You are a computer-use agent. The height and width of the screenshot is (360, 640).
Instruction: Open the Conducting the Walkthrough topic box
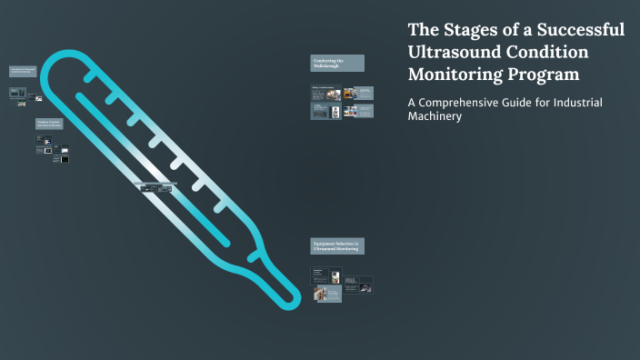point(337,63)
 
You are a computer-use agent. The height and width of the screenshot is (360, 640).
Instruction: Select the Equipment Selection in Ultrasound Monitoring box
point(337,246)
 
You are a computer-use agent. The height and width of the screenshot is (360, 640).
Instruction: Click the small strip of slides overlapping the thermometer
point(155,186)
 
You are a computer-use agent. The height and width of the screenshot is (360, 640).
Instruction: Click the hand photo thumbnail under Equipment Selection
point(320,294)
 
